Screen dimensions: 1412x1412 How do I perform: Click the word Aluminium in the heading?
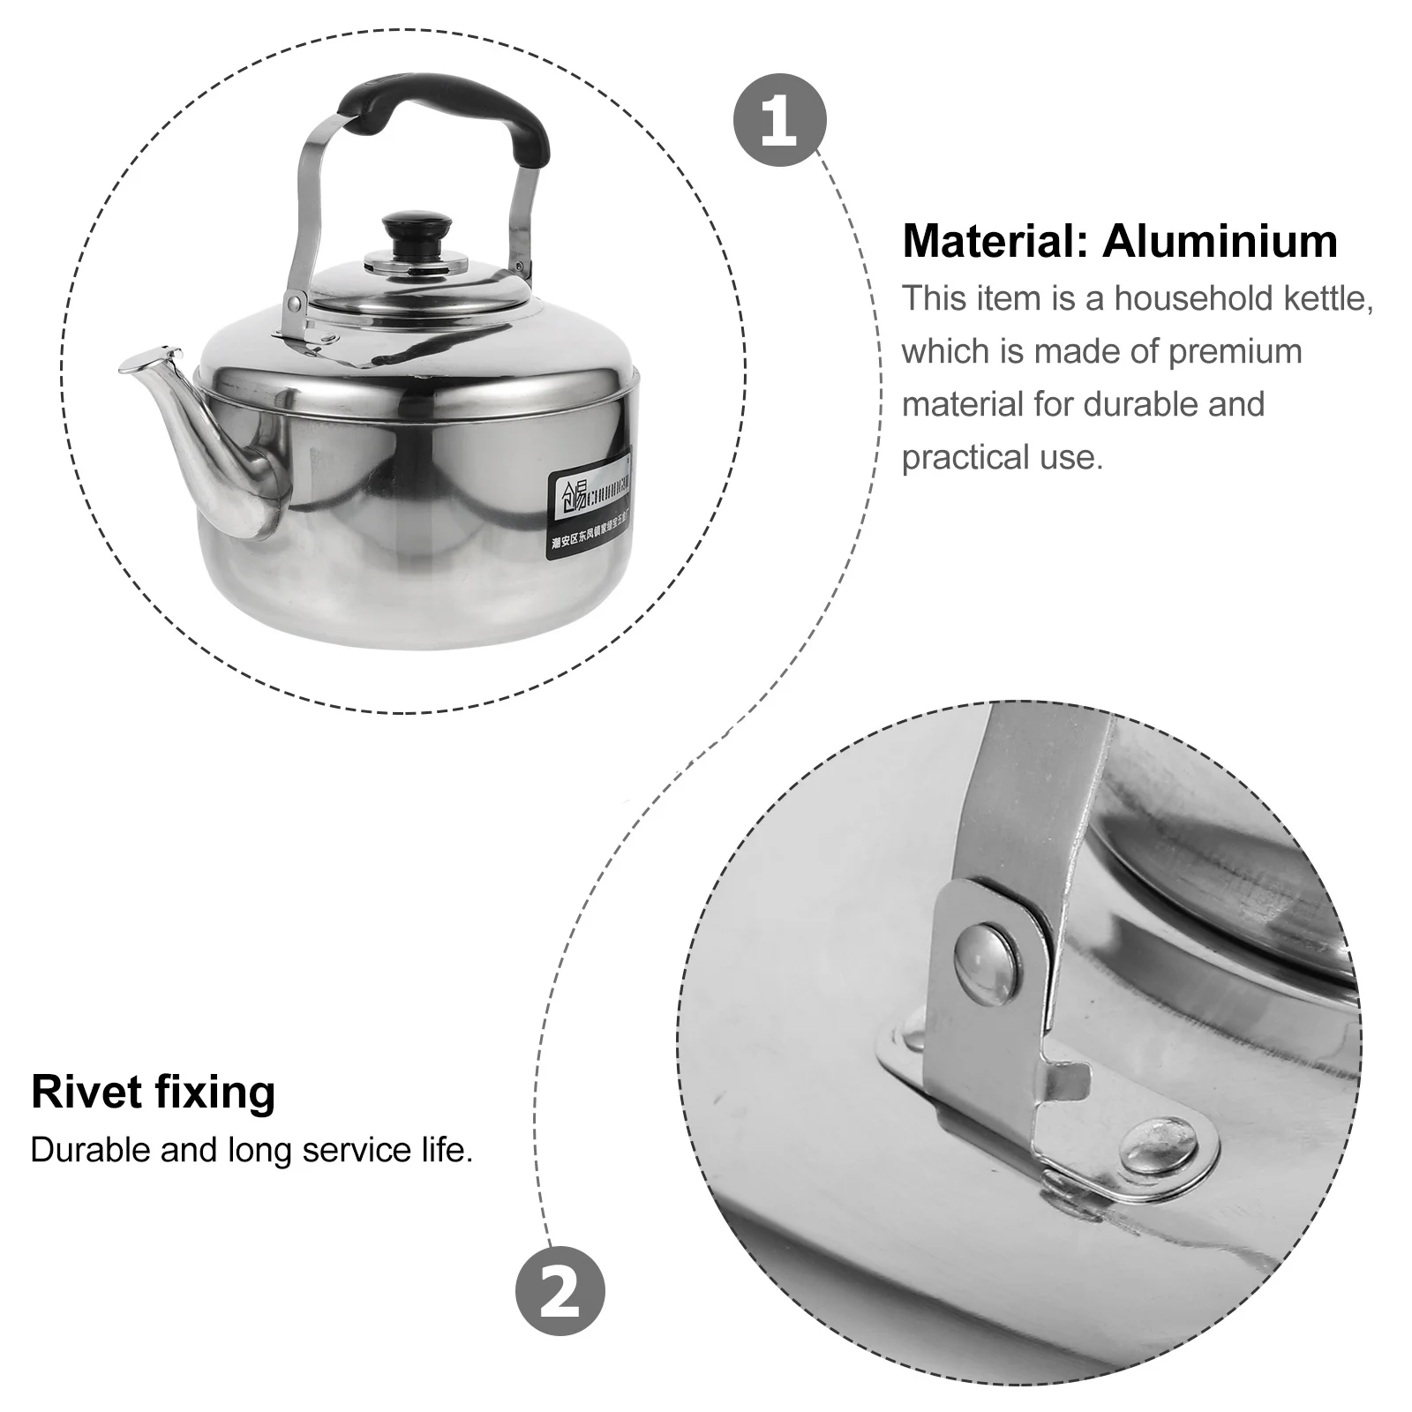coord(1220,242)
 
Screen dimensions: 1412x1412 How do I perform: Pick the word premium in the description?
coord(1235,351)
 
